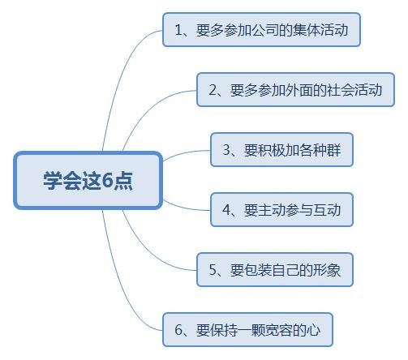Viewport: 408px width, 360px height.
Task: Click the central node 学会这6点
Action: [88, 180]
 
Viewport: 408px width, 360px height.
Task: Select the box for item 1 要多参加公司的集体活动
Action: [261, 30]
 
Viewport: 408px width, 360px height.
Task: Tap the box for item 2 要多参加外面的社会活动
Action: [295, 90]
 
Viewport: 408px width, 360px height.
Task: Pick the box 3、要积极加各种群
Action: [281, 150]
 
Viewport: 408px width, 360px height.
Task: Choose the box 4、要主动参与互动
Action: [281, 210]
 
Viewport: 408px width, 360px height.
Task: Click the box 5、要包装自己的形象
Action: [275, 270]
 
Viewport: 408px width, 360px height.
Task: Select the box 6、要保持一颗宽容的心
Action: [247, 330]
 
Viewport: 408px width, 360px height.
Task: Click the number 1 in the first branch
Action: [178, 30]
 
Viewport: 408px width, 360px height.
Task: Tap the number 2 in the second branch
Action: [213, 90]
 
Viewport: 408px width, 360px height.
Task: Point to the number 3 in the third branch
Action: [226, 150]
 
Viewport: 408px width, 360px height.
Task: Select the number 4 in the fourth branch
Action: [226, 210]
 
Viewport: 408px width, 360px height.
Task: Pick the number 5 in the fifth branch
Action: [213, 270]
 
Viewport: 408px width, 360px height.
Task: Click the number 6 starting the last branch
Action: [178, 330]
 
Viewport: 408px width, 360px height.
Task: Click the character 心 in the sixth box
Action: [313, 330]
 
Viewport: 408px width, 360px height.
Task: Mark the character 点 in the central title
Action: [122, 180]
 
